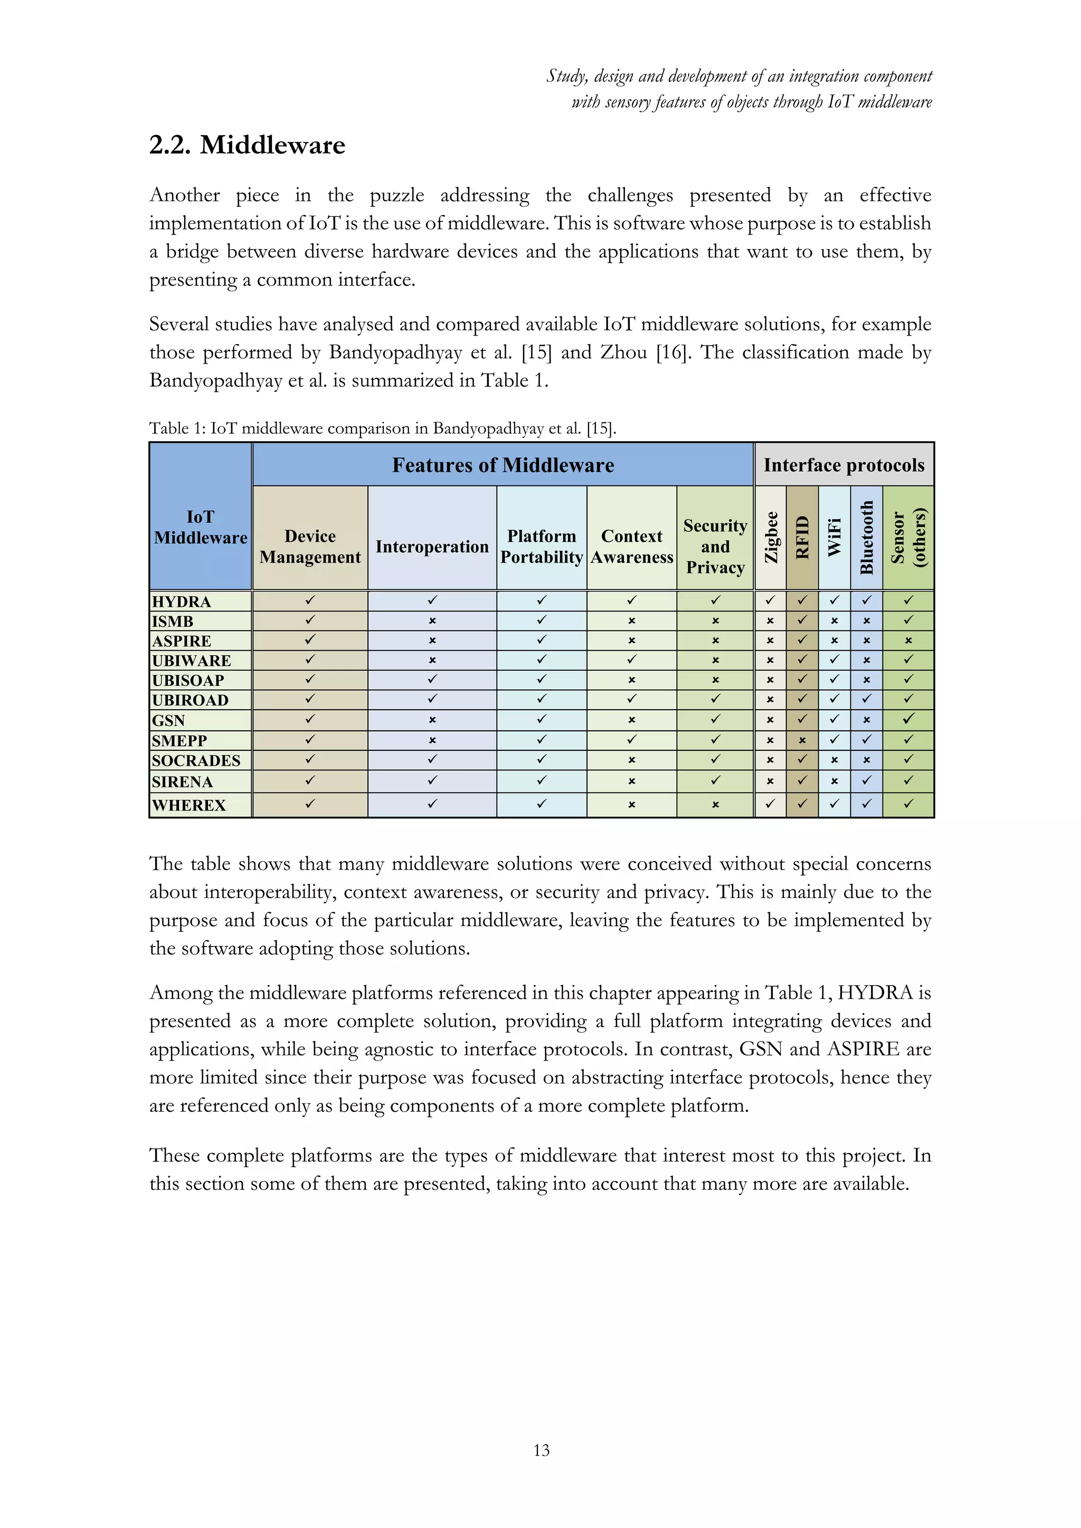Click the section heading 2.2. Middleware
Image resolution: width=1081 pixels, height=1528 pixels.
247,145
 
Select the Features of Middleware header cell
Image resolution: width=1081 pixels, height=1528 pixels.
502,465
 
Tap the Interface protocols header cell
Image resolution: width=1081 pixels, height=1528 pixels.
843,465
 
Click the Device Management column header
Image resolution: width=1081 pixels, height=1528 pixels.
310,547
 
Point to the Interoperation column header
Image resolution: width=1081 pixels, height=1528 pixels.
432,547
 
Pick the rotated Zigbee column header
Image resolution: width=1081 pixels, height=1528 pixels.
771,537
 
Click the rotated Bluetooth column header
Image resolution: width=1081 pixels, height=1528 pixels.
866,537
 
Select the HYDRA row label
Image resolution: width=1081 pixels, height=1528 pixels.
181,601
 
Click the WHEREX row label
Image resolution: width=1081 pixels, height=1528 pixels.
189,805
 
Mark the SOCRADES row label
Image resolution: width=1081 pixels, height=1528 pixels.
196,760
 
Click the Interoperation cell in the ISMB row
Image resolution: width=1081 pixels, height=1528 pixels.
432,621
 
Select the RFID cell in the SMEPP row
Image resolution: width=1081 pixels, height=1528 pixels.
802,740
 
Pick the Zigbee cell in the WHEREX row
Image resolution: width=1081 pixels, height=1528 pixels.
770,804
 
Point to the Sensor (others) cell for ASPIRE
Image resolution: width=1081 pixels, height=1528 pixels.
908,641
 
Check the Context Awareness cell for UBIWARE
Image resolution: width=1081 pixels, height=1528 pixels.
632,660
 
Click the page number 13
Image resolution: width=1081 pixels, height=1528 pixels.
541,1450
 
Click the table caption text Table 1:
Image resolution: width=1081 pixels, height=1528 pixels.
177,428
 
